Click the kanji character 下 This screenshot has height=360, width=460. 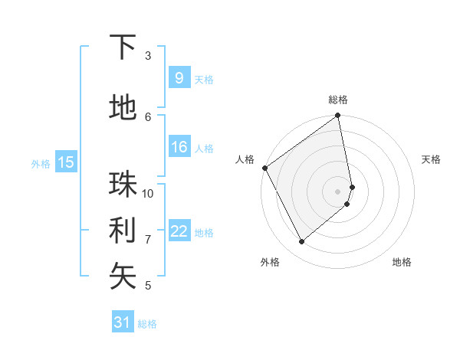(123, 47)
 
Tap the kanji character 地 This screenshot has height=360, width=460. (123, 110)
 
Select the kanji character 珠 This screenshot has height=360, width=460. (123, 184)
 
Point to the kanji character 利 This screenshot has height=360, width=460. (123, 230)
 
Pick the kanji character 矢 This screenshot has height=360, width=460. (123, 276)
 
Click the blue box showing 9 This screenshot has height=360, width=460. (179, 77)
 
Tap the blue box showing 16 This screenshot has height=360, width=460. (179, 148)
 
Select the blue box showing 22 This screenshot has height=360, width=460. (179, 232)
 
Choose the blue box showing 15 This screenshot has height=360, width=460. (66, 162)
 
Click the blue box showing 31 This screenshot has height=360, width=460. (123, 322)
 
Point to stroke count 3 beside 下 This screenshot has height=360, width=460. (148, 56)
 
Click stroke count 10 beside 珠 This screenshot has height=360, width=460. (148, 193)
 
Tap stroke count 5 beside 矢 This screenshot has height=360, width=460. (148, 286)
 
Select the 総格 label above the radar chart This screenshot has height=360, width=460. (338, 100)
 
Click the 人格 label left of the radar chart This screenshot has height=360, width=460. (245, 159)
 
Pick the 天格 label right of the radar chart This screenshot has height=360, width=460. (431, 159)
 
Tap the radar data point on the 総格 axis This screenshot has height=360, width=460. (338, 116)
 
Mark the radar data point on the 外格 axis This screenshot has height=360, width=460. (301, 242)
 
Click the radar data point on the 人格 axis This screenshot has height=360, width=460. (264, 168)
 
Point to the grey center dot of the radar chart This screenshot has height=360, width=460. (338, 191)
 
